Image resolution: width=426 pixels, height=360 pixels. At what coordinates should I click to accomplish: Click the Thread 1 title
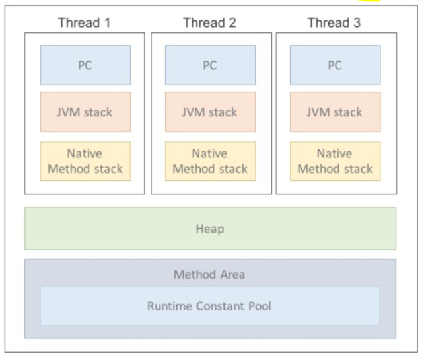[x=84, y=23]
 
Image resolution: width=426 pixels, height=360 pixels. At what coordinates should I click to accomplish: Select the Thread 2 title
[x=209, y=23]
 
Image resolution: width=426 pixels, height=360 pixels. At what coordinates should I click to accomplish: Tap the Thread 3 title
[x=334, y=23]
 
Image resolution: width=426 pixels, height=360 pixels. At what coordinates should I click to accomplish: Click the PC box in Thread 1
[x=85, y=65]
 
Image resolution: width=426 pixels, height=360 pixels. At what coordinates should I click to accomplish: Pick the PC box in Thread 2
[x=210, y=65]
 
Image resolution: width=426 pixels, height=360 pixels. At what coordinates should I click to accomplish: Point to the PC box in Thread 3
[x=335, y=65]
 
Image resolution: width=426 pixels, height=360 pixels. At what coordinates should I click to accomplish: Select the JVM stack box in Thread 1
[x=85, y=112]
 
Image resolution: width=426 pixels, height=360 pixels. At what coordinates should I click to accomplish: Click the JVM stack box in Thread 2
[x=210, y=112]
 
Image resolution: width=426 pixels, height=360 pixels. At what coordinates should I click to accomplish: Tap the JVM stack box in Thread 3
[x=335, y=112]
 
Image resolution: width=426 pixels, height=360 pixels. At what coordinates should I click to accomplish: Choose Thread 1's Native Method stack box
[x=85, y=161]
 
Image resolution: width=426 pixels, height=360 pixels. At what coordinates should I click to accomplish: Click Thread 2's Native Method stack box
[x=210, y=161]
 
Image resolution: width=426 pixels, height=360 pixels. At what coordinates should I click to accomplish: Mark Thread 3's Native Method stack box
[x=335, y=161]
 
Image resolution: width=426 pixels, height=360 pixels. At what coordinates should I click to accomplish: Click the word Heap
[x=210, y=229]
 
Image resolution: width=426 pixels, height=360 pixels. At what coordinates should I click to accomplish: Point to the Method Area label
[x=209, y=274]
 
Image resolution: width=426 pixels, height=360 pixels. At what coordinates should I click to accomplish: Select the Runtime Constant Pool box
[x=210, y=306]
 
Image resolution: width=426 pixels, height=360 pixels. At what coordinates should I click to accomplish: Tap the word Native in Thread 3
[x=334, y=153]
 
